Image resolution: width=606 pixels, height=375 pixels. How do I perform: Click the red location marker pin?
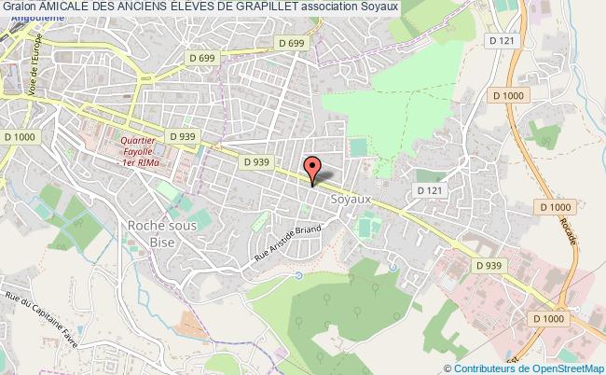click(312, 168)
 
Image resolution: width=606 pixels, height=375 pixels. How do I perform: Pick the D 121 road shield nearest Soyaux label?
click(429, 189)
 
